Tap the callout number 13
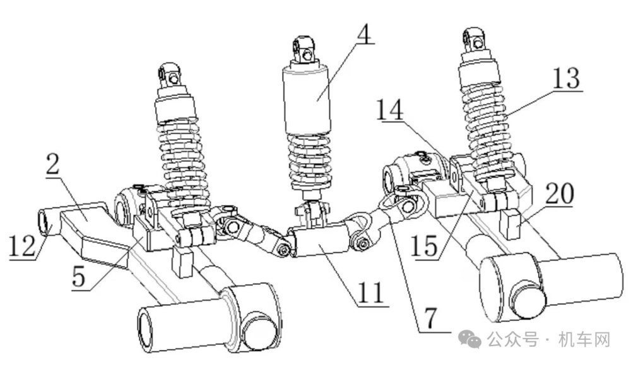click(565, 79)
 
